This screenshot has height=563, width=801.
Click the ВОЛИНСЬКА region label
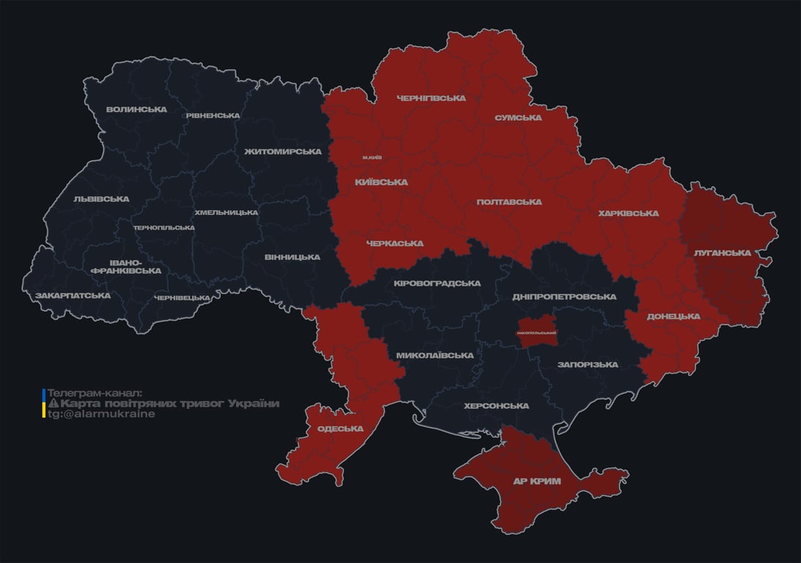pyautogui.click(x=136, y=109)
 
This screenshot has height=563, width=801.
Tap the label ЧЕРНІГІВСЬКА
pyautogui.click(x=431, y=97)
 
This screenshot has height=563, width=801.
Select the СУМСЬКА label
pyautogui.click(x=518, y=117)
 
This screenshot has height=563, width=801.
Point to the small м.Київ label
pyautogui.click(x=372, y=158)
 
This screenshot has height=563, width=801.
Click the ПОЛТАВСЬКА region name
pyautogui.click(x=509, y=202)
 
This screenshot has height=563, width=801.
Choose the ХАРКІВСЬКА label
pyautogui.click(x=628, y=213)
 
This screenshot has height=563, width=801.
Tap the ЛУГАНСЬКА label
pyautogui.click(x=723, y=253)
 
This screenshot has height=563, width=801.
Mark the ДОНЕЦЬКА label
pyautogui.click(x=673, y=316)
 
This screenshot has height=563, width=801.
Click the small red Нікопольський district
pyautogui.click(x=537, y=332)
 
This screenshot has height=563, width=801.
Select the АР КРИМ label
pyautogui.click(x=536, y=481)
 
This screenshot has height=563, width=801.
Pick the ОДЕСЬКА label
pyautogui.click(x=340, y=429)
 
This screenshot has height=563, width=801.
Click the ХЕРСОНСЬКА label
pyautogui.click(x=496, y=405)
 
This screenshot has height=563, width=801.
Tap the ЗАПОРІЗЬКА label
pyautogui.click(x=587, y=364)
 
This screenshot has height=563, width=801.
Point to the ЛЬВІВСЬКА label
pyautogui.click(x=101, y=199)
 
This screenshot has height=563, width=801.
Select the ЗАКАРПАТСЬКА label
pyautogui.click(x=73, y=295)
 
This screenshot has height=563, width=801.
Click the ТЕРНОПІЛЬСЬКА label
pyautogui.click(x=164, y=227)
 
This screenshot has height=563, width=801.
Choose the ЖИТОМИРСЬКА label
pyautogui.click(x=283, y=151)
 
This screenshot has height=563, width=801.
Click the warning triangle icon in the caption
pyautogui.click(x=53, y=404)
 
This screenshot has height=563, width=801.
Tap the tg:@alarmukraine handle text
pyautogui.click(x=101, y=413)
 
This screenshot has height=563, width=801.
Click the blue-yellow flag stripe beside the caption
pyautogui.click(x=44, y=403)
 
